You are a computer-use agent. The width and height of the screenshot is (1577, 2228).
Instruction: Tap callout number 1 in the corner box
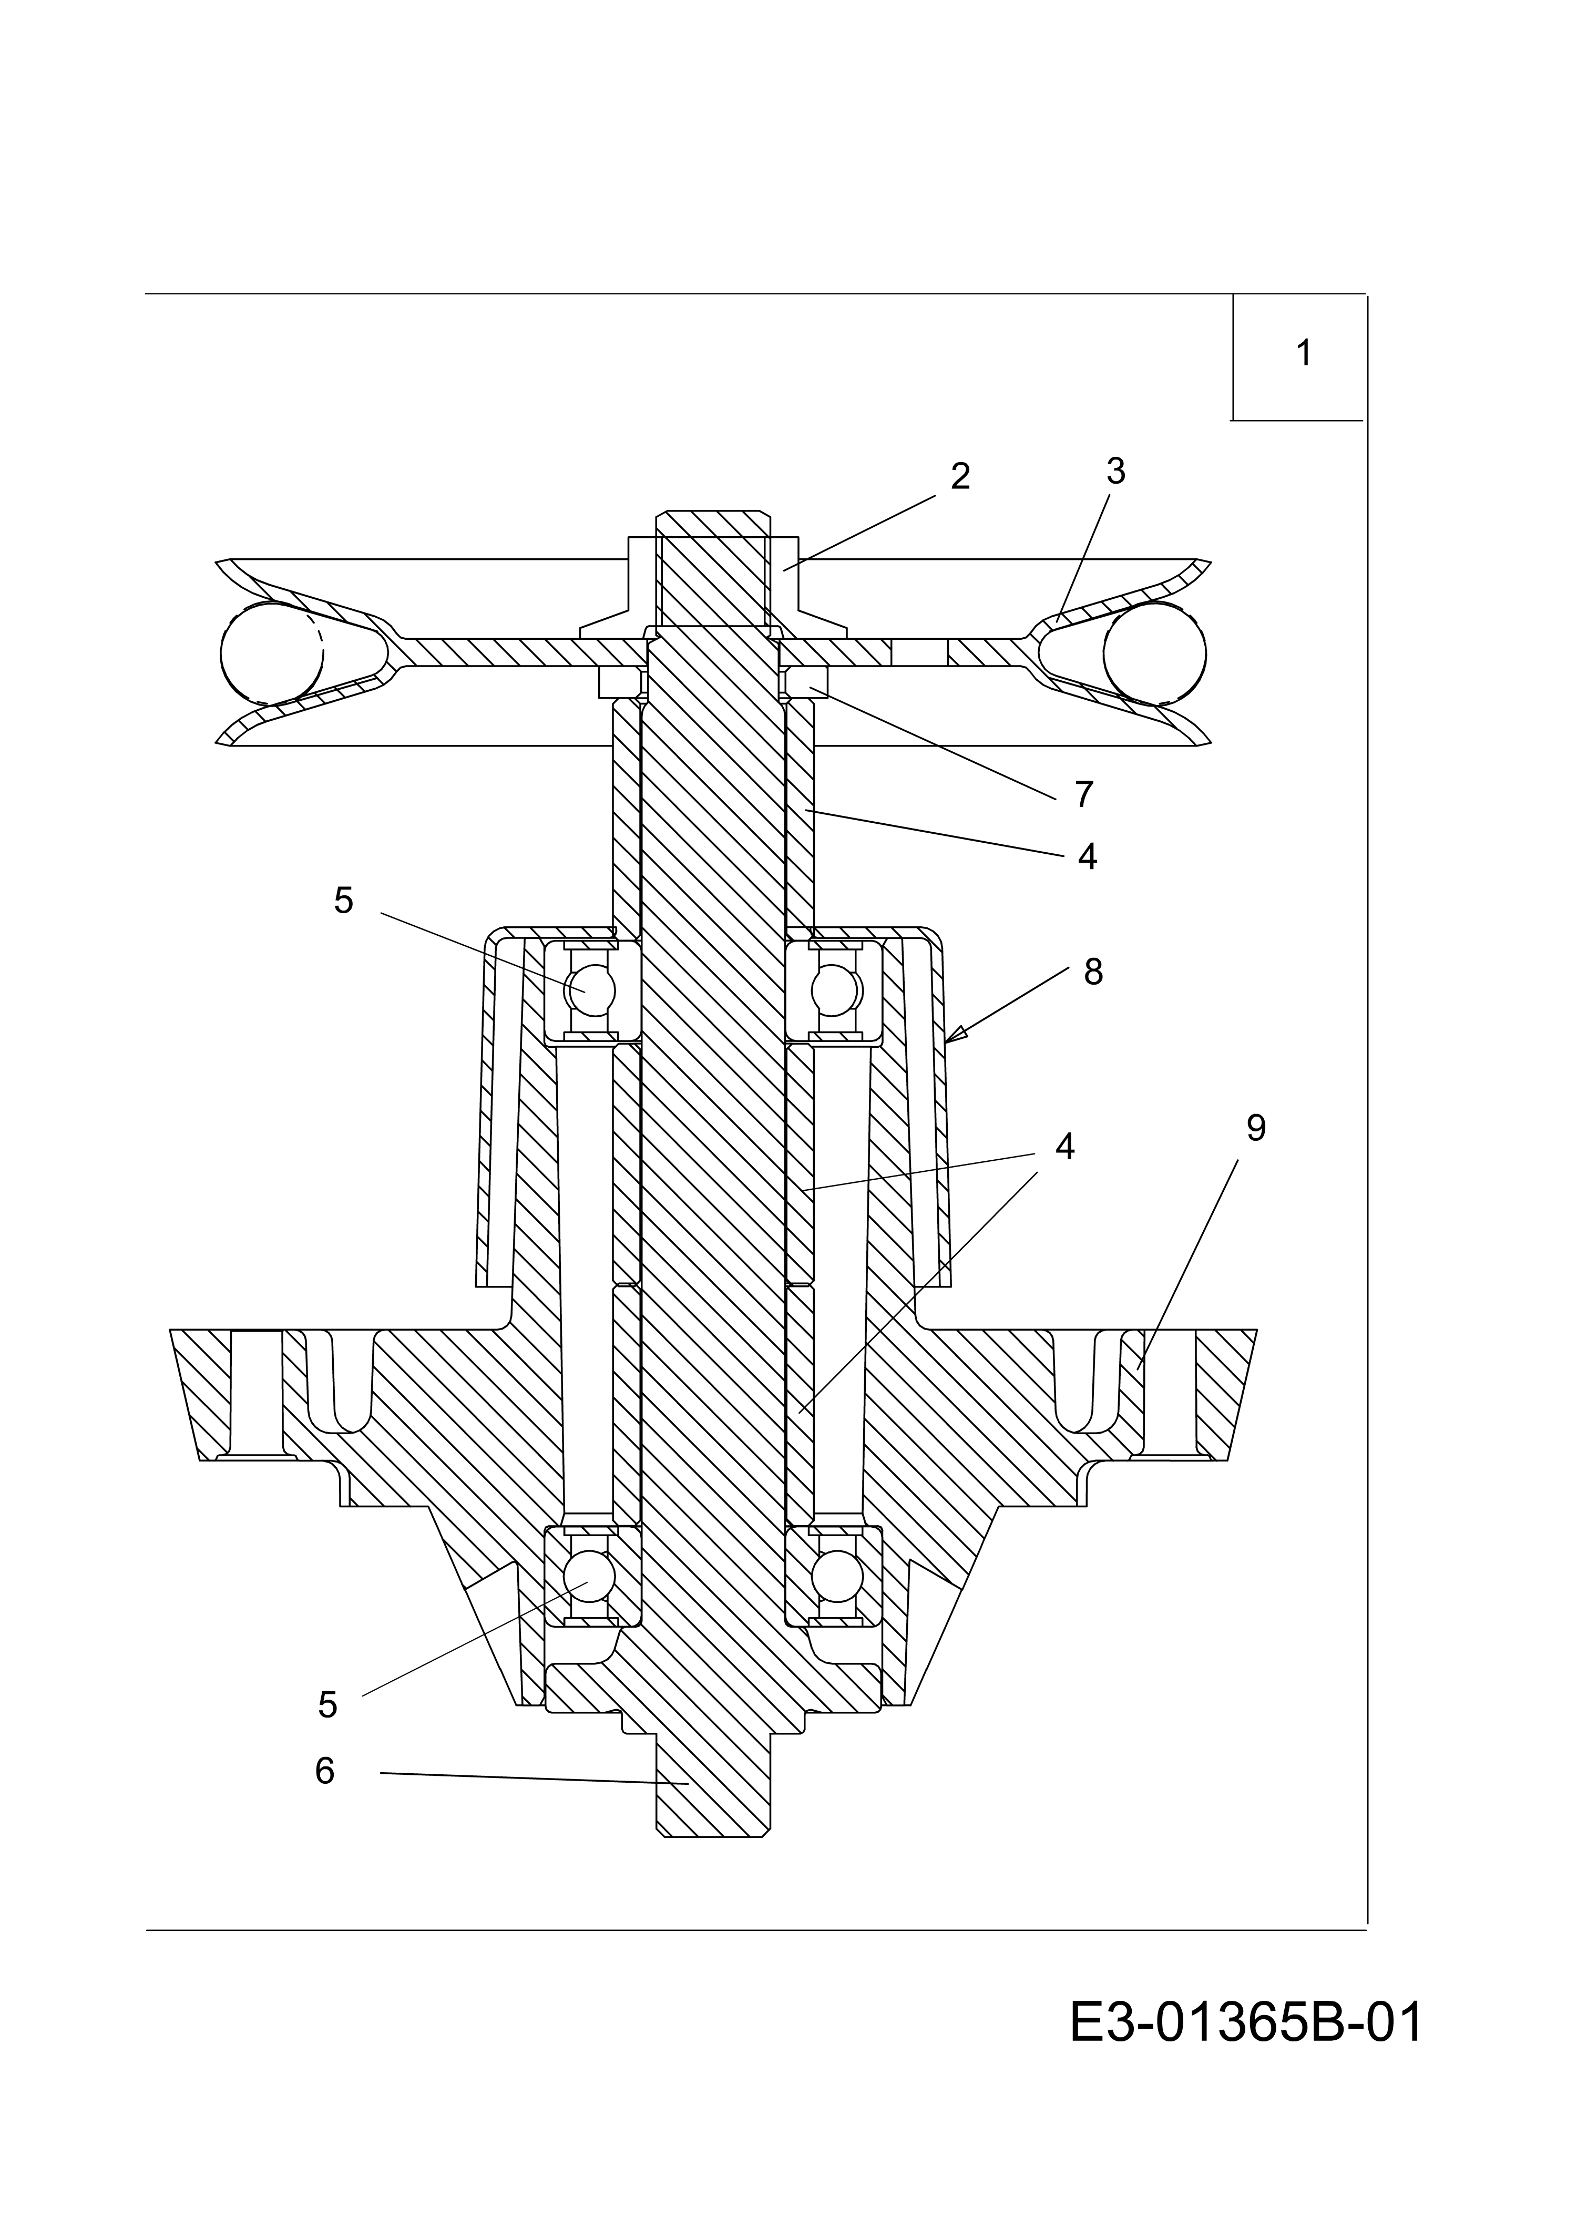click(x=1304, y=353)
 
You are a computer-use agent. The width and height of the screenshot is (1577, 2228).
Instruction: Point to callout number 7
click(x=1084, y=794)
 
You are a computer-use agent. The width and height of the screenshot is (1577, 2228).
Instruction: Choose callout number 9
click(x=1256, y=1128)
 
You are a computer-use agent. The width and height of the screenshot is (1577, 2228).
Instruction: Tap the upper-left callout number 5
click(x=344, y=901)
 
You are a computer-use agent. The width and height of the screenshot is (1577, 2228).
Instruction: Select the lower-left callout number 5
click(x=327, y=1704)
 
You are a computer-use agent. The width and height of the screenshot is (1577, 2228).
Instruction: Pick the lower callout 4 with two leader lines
click(x=1064, y=1146)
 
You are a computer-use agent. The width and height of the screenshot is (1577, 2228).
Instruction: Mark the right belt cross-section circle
click(x=1154, y=652)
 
